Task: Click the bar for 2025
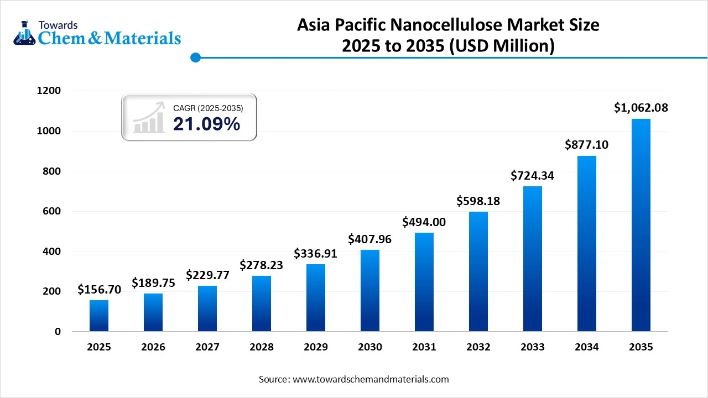point(99,316)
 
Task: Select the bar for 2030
point(370,291)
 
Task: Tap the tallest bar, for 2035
point(641,225)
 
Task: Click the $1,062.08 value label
point(641,108)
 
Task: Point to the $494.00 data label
point(424,222)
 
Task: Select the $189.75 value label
point(153,283)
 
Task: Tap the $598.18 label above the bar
point(478,201)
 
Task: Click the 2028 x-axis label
point(262,347)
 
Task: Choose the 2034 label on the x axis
point(587,347)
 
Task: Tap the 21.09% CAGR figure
point(206,124)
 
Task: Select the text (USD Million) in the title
point(501,46)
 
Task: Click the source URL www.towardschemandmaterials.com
point(371,379)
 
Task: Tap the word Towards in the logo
point(58,25)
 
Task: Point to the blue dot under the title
point(195,57)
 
